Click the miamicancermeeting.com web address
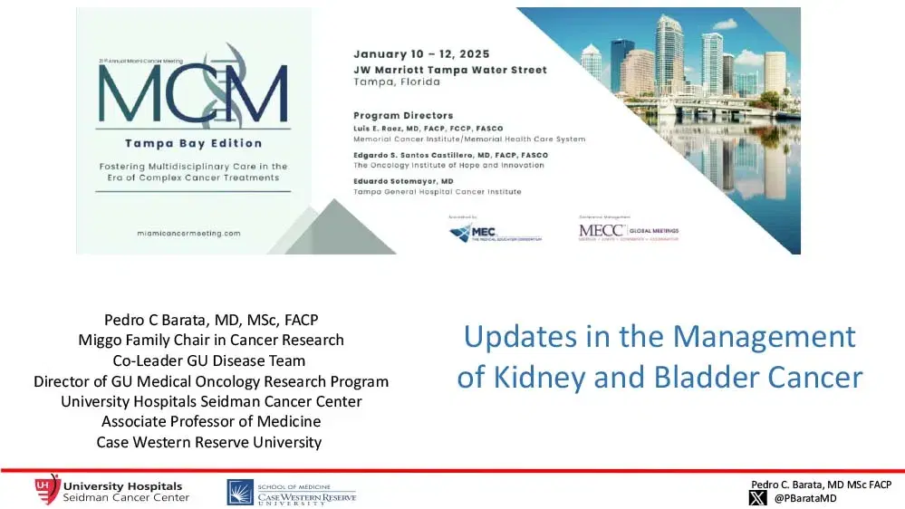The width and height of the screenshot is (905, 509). [x=192, y=233]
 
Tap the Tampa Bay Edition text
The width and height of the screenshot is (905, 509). [x=193, y=143]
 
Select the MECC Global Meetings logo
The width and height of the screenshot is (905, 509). [x=628, y=232]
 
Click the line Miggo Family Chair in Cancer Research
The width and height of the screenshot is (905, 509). [x=210, y=340]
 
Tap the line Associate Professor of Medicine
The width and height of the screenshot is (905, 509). [x=210, y=421]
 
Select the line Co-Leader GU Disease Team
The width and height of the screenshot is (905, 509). [x=210, y=360]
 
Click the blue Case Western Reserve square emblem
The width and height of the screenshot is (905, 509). [x=240, y=492]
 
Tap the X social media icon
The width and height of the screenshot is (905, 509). [x=757, y=497]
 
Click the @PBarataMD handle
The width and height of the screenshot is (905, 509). [x=804, y=498]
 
